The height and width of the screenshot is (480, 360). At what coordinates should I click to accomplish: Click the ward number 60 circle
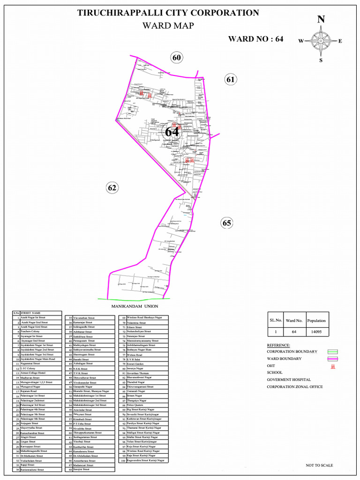click(176, 58)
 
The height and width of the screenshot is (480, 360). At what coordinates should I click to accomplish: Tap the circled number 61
click(230, 79)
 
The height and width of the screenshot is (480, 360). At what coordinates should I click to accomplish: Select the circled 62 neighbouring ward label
click(112, 188)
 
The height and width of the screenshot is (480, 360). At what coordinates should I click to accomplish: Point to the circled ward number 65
click(227, 223)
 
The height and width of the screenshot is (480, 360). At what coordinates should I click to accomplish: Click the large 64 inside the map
click(172, 132)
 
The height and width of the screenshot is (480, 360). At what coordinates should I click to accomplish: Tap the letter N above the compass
click(321, 19)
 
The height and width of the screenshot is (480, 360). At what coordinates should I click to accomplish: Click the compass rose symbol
click(321, 41)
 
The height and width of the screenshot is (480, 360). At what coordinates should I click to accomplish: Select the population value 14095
click(316, 332)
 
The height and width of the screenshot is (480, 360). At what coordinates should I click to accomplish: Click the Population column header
click(316, 321)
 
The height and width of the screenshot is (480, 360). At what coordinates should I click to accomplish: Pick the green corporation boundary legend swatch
click(332, 352)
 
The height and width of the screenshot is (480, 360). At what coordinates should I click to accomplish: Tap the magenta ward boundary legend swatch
click(332, 359)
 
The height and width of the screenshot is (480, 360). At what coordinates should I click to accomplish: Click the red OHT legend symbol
click(332, 366)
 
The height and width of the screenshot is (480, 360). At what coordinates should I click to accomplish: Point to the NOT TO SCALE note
click(319, 465)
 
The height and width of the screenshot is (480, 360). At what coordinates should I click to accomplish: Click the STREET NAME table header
click(30, 313)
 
